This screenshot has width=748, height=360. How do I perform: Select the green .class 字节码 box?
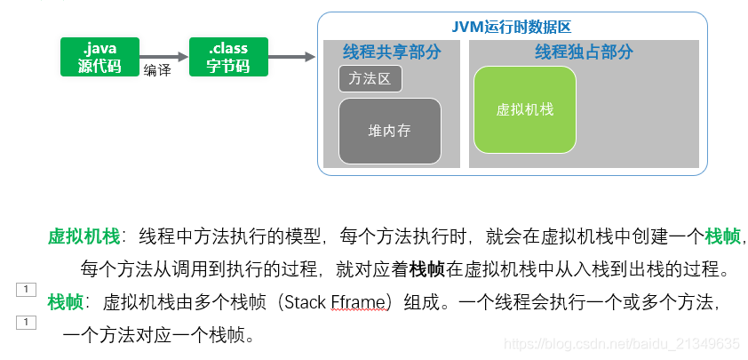click(228, 56)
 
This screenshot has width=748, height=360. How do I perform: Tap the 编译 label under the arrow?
click(157, 71)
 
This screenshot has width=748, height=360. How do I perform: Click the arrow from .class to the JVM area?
click(292, 57)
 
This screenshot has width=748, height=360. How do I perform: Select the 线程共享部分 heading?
click(392, 52)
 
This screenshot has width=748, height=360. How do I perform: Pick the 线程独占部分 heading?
click(584, 52)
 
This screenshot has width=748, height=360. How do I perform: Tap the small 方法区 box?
click(370, 79)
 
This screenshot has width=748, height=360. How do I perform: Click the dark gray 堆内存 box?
click(390, 131)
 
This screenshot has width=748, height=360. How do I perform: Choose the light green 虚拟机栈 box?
click(525, 109)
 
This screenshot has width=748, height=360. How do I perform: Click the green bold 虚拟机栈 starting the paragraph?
click(84, 236)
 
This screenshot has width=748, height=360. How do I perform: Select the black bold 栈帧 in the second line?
click(427, 268)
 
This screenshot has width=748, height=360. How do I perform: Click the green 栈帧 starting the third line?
click(66, 302)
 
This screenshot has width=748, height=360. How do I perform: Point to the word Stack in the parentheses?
click(303, 302)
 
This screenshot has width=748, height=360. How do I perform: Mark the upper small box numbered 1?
click(26, 289)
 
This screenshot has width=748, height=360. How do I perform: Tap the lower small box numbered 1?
click(26, 322)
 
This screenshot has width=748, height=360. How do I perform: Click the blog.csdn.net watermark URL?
click(621, 343)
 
